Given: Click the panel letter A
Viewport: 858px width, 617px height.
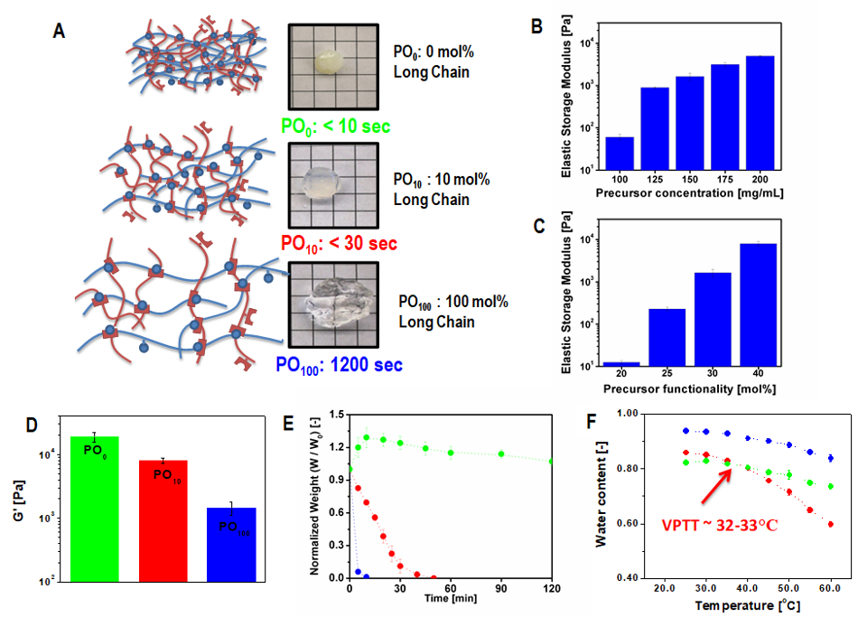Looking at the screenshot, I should tap(60, 32).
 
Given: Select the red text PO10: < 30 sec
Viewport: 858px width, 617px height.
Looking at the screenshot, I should tap(340, 243).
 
